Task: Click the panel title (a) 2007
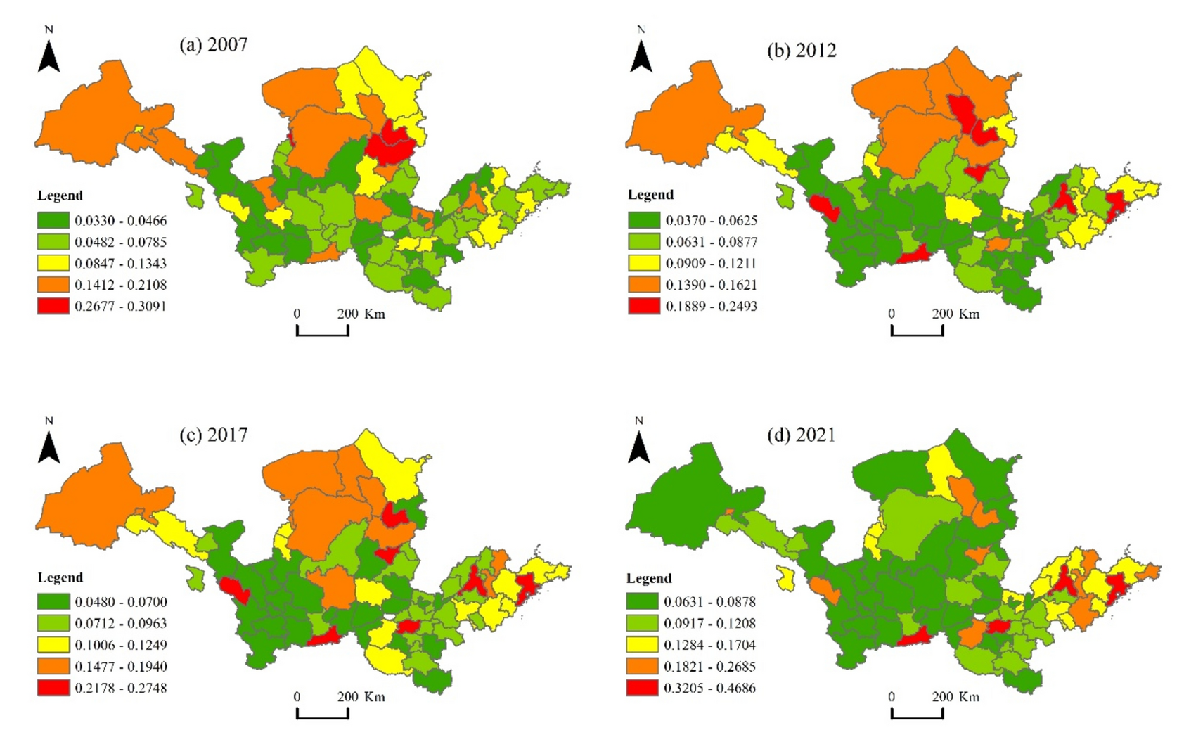pyautogui.click(x=213, y=45)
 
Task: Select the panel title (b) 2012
pyautogui.click(x=802, y=51)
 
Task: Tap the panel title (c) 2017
pyautogui.click(x=213, y=435)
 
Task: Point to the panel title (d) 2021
pyautogui.click(x=802, y=435)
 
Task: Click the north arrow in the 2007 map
pyautogui.click(x=49, y=55)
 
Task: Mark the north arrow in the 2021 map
pyautogui.click(x=638, y=446)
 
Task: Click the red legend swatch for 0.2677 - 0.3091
pyautogui.click(x=53, y=306)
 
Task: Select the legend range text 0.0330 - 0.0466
pyautogui.click(x=120, y=221)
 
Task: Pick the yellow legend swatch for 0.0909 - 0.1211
pyautogui.click(x=643, y=263)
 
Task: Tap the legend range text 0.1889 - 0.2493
pyautogui.click(x=711, y=306)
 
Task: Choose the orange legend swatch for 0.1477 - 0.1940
pyautogui.click(x=53, y=666)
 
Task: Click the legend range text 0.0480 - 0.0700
pyautogui.click(x=120, y=602)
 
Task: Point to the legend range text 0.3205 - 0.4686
pyautogui.click(x=709, y=688)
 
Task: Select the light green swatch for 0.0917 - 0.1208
pyautogui.click(x=643, y=623)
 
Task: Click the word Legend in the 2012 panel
pyautogui.click(x=650, y=195)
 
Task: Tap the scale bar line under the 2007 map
pyautogui.click(x=322, y=333)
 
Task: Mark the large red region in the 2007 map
pyautogui.click(x=389, y=144)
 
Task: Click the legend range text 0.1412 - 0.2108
pyautogui.click(x=120, y=285)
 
